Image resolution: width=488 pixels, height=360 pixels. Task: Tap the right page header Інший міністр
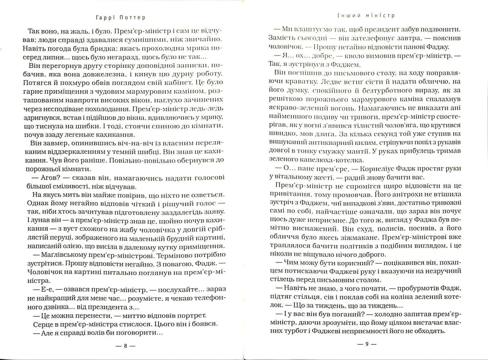click(366, 15)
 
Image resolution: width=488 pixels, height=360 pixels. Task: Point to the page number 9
click(367, 344)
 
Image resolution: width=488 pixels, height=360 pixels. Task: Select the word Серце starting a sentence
click(43, 324)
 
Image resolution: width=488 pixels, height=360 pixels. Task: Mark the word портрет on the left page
click(193, 315)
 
